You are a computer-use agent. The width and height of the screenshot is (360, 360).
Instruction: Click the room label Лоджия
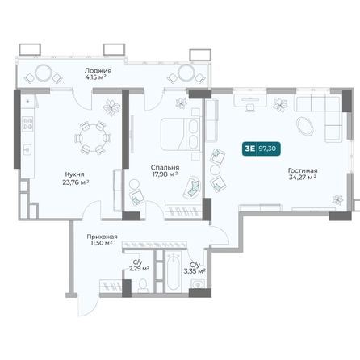[x=98, y=71]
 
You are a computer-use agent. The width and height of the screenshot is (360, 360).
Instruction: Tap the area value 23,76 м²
[x=76, y=182]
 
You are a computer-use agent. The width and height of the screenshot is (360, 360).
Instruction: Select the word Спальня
[x=165, y=167]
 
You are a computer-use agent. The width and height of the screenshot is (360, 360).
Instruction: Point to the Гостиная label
[x=303, y=170]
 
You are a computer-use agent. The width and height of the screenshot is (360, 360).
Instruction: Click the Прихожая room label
[x=102, y=237]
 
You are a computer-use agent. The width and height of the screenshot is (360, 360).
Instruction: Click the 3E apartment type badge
[x=249, y=149]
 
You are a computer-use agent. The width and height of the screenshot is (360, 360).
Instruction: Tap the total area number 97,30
[x=267, y=149]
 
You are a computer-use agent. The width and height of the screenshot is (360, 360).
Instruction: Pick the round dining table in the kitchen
[x=93, y=138]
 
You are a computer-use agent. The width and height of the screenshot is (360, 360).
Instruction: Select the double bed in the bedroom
[x=181, y=134]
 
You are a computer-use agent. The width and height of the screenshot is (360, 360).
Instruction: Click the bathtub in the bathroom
[x=173, y=271]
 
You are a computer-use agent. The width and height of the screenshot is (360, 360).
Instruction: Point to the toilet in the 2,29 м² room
[x=143, y=286]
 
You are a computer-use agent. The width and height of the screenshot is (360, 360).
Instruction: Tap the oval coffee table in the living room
[x=305, y=126]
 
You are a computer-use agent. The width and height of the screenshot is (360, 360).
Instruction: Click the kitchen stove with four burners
[x=27, y=123]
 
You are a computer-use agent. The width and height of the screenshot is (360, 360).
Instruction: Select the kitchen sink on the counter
[x=27, y=149]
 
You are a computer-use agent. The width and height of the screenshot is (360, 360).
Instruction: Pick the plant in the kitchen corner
[x=111, y=107]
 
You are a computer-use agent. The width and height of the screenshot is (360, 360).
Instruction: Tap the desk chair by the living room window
[x=250, y=107]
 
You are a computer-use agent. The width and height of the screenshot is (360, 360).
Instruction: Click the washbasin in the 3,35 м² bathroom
[x=198, y=284]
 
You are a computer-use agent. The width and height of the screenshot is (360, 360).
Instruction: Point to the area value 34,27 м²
[x=303, y=178]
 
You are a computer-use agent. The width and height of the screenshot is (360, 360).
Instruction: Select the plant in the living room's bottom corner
[x=337, y=200]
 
